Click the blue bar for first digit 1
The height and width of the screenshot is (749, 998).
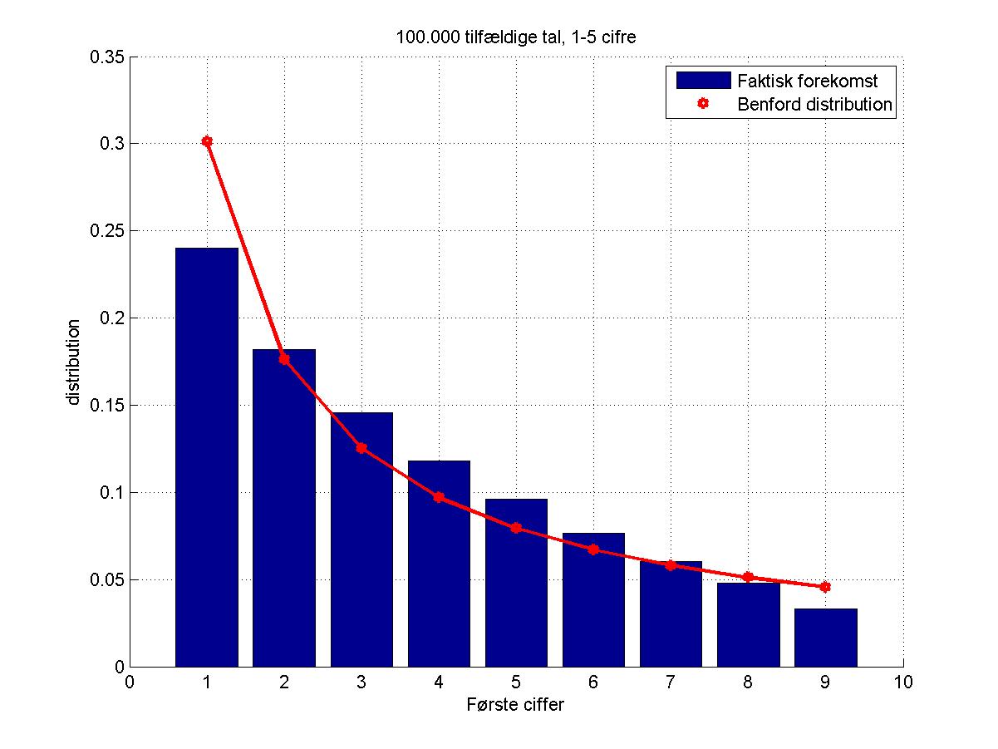point(206,457)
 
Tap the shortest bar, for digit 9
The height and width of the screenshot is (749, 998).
point(825,638)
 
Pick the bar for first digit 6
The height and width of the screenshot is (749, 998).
point(593,599)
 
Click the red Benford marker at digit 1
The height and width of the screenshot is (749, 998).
point(207,141)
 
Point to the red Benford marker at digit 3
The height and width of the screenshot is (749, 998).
point(361,448)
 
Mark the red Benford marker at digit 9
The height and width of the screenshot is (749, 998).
point(825,587)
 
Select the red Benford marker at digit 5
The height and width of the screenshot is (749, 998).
point(516,528)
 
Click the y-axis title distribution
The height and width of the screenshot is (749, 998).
point(74,362)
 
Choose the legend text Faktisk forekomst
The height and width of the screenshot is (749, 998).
point(807,81)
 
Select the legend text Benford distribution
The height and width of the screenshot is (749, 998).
point(814,105)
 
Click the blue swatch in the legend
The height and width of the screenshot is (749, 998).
point(703,81)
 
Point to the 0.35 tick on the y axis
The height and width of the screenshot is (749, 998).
point(108,57)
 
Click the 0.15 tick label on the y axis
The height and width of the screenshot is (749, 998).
point(108,406)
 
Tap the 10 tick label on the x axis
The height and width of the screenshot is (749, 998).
point(902,682)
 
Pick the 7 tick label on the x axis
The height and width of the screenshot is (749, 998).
point(671,682)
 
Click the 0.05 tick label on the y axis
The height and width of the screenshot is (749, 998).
point(108,580)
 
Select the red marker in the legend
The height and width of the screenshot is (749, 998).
point(703,105)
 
